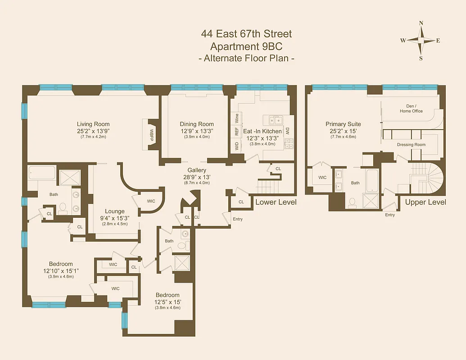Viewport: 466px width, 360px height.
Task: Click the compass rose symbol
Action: pyautogui.click(x=421, y=40)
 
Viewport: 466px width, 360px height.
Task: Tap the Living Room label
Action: pyautogui.click(x=93, y=124)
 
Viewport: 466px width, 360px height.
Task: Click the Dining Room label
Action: pyautogui.click(x=197, y=124)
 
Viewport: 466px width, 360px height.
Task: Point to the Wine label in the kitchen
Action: pyautogui.click(x=236, y=118)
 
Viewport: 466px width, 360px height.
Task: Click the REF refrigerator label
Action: pyautogui.click(x=236, y=132)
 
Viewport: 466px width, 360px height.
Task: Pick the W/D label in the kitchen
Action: pyautogui.click(x=236, y=146)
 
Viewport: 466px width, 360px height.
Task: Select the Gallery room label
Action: pyautogui.click(x=197, y=170)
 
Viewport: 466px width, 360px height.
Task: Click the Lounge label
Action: pyautogui.click(x=115, y=211)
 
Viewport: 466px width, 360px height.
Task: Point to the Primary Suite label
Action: pyautogui.click(x=344, y=124)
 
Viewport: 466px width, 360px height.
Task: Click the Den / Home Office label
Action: pyautogui.click(x=411, y=108)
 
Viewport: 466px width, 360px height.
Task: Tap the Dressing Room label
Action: pyautogui.click(x=411, y=144)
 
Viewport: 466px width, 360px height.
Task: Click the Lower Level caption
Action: pyautogui.click(x=276, y=202)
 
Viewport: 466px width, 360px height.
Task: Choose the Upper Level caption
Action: pyautogui.click(x=425, y=202)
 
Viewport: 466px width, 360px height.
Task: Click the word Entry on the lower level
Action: pyautogui.click(x=237, y=219)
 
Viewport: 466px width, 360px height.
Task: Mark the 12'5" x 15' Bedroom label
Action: pyautogui.click(x=168, y=295)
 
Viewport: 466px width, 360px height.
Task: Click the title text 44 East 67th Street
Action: pyautogui.click(x=246, y=34)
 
